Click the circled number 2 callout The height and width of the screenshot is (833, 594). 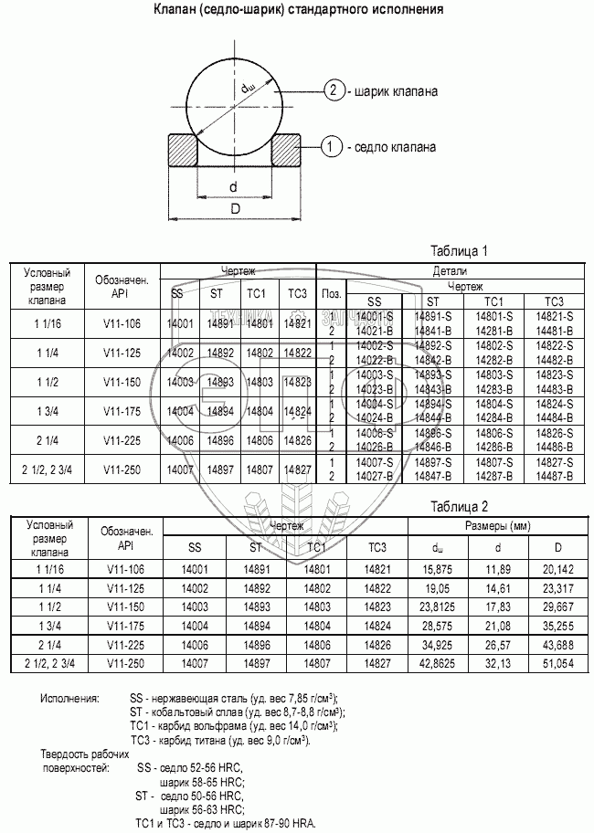pyautogui.click(x=335, y=90)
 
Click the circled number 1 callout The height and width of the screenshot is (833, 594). pyautogui.click(x=333, y=145)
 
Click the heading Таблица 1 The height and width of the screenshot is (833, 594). pyautogui.click(x=460, y=250)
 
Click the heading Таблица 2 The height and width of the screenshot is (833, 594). pyautogui.click(x=460, y=505)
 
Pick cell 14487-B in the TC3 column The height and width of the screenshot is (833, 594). pyautogui.click(x=554, y=476)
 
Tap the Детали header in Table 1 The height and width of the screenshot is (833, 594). pyautogui.click(x=450, y=271)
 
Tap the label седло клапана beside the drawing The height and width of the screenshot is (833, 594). pyautogui.click(x=394, y=146)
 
